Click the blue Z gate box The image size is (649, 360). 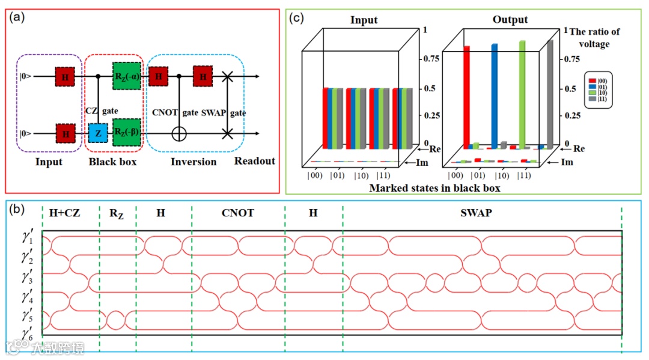(98, 132)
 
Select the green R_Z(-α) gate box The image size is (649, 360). (126, 77)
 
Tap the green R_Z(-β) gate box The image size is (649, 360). (126, 132)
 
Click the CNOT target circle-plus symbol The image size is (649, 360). (179, 133)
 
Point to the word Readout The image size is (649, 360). (254, 160)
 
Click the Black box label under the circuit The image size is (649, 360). (112, 162)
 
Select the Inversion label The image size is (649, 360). (193, 162)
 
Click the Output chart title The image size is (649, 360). (510, 20)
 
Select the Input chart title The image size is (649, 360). (364, 20)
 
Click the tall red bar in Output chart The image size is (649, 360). (466, 96)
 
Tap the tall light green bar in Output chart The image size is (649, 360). (522, 93)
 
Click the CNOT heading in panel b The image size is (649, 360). (238, 213)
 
